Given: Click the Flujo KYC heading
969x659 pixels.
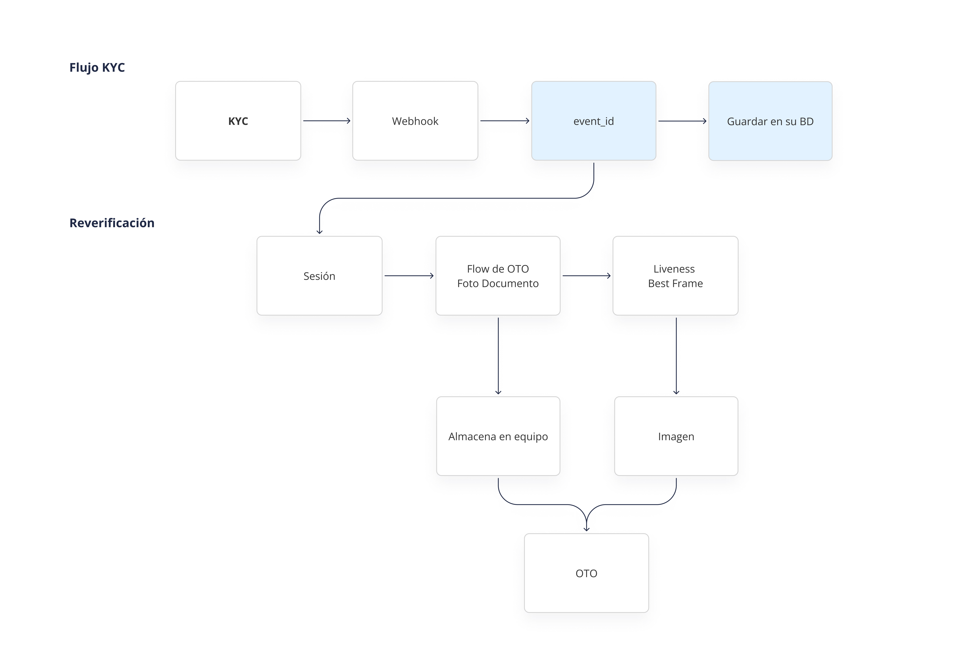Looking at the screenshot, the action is tap(97, 67).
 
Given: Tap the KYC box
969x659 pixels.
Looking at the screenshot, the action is tap(238, 121).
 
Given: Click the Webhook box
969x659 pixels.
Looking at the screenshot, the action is tap(415, 121).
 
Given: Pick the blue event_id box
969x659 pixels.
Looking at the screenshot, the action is tap(594, 121).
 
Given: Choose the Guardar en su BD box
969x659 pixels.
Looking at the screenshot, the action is tap(770, 121).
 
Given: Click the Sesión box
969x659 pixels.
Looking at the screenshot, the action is tap(319, 276).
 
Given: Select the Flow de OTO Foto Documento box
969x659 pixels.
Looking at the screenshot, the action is tap(498, 276).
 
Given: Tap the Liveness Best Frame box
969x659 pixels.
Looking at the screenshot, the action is tap(675, 276).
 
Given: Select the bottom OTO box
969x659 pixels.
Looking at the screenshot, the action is tap(587, 573).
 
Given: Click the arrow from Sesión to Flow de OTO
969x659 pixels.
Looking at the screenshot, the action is tap(409, 276).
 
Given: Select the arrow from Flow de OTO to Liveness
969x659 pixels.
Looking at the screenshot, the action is tap(587, 276).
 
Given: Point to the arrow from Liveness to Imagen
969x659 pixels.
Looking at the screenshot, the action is tap(676, 356).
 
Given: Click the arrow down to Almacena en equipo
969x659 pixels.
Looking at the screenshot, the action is tap(498, 356).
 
